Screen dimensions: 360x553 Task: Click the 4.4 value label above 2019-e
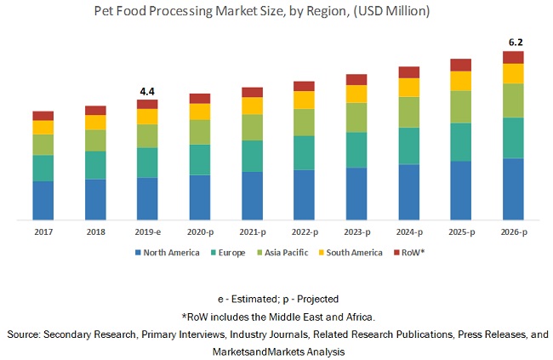click(x=147, y=90)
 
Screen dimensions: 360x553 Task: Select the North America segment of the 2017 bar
click(x=43, y=200)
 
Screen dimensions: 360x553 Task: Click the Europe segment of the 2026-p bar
click(x=513, y=138)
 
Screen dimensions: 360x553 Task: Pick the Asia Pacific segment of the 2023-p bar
click(x=356, y=117)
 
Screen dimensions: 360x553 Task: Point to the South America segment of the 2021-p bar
click(x=252, y=106)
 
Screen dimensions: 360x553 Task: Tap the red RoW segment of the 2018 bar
click(x=95, y=110)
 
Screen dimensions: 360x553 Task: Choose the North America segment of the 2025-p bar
click(x=460, y=190)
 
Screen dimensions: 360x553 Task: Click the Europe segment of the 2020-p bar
click(x=200, y=159)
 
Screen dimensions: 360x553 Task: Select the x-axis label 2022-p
click(x=304, y=232)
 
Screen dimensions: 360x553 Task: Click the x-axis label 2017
click(x=43, y=232)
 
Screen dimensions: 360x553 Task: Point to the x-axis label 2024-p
click(x=408, y=232)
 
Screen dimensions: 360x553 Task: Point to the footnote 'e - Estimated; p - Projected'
click(x=277, y=299)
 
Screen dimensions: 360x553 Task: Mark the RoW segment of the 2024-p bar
click(x=408, y=72)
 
